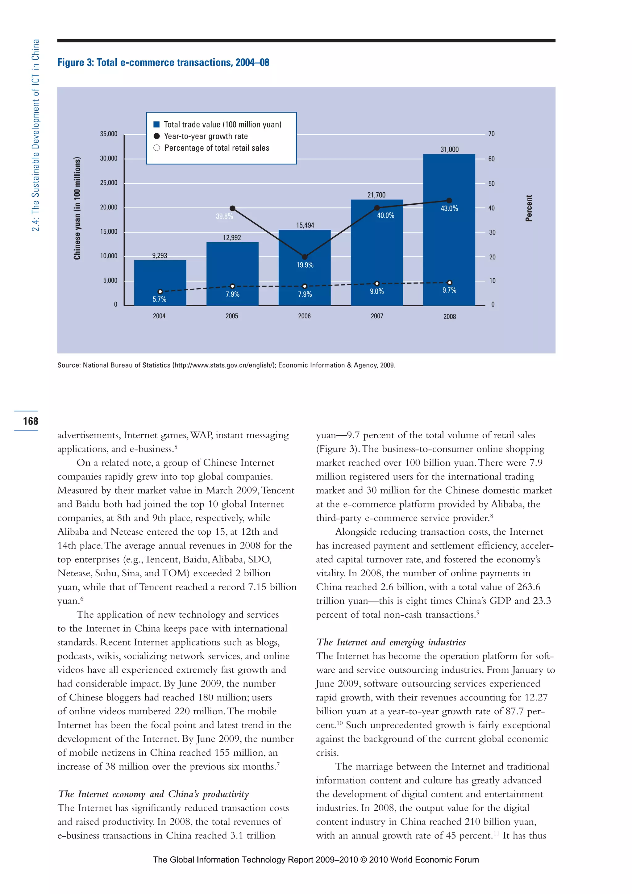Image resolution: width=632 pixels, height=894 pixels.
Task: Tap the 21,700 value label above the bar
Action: coord(376,195)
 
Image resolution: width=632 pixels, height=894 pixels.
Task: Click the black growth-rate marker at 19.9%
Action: coord(305,257)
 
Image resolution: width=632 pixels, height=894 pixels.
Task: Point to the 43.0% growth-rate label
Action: coord(449,209)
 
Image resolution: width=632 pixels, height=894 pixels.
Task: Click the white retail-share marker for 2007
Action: coord(377,283)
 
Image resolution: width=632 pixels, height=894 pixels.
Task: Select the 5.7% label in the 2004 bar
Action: coord(160,299)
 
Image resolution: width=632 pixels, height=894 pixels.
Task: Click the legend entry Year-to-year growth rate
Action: coord(206,136)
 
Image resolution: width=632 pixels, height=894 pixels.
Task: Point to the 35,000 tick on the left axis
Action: coord(109,134)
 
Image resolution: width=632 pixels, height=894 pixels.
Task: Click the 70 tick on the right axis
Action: coord(492,134)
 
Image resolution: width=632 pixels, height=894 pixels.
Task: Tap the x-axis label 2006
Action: coord(304,316)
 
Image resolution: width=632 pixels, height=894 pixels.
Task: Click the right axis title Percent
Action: coord(529,208)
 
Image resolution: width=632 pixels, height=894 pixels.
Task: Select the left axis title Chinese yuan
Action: coord(77,208)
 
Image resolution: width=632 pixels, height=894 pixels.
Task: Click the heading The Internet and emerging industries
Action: coord(391,642)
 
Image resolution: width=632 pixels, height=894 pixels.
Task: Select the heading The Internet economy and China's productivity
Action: coord(153,794)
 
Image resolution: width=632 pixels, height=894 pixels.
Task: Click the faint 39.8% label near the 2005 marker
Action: coord(225,216)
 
